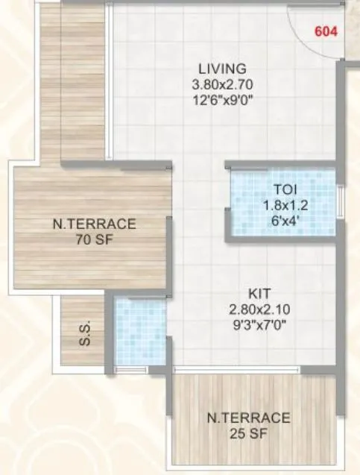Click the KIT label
click(x=259, y=293)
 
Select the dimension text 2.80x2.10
click(x=259, y=309)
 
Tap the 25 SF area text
click(x=249, y=434)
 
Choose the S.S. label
click(x=85, y=333)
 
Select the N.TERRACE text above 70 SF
click(x=94, y=224)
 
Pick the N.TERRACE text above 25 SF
click(x=249, y=418)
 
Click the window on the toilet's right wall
click(x=340, y=201)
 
